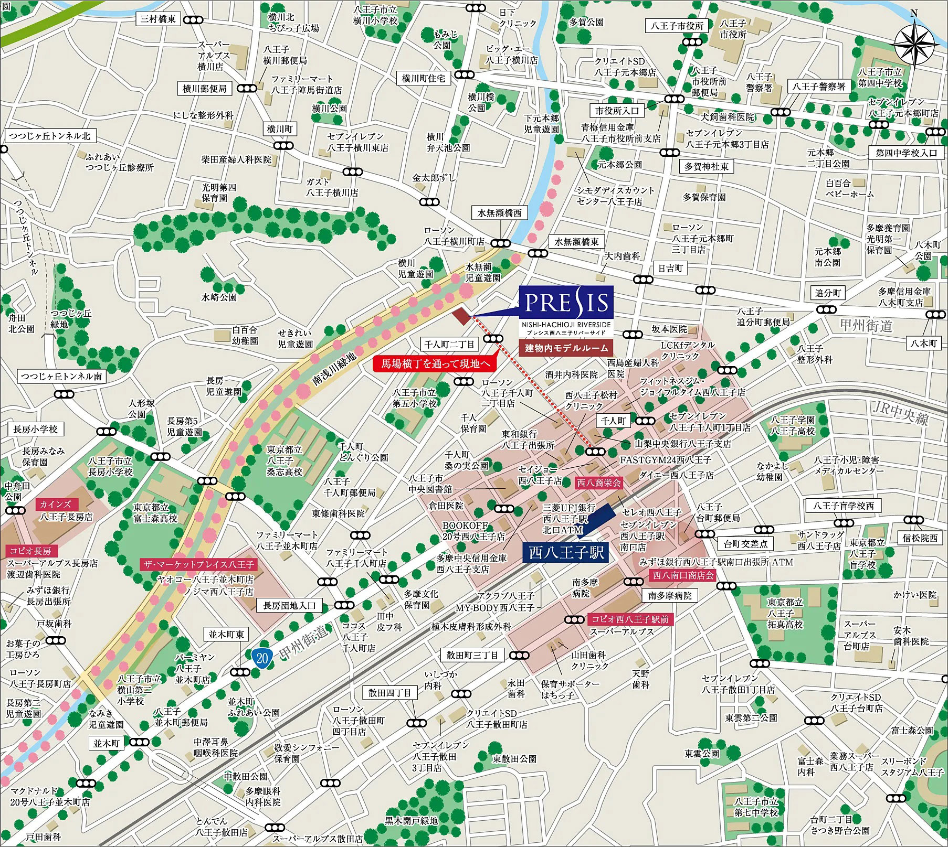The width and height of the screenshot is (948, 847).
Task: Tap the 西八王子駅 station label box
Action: [566, 553]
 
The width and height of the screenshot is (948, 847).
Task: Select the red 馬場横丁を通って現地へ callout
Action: [435, 363]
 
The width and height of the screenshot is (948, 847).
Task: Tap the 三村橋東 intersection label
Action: [158, 19]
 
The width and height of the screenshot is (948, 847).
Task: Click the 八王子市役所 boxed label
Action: [677, 26]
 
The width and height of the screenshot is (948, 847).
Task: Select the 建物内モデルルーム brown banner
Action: [566, 348]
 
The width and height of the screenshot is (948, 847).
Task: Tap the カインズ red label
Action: [55, 505]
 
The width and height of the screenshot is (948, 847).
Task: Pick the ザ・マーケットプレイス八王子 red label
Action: [198, 565]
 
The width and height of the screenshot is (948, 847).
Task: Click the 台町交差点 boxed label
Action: [745, 543]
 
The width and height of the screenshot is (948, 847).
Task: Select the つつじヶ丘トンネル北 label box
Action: [49, 136]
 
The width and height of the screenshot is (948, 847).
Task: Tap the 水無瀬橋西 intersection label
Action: [499, 213]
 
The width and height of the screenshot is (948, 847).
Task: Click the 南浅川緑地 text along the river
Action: [334, 369]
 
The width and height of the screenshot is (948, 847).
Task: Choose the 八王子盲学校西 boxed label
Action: [844, 506]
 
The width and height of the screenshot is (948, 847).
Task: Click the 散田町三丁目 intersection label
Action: [472, 655]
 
